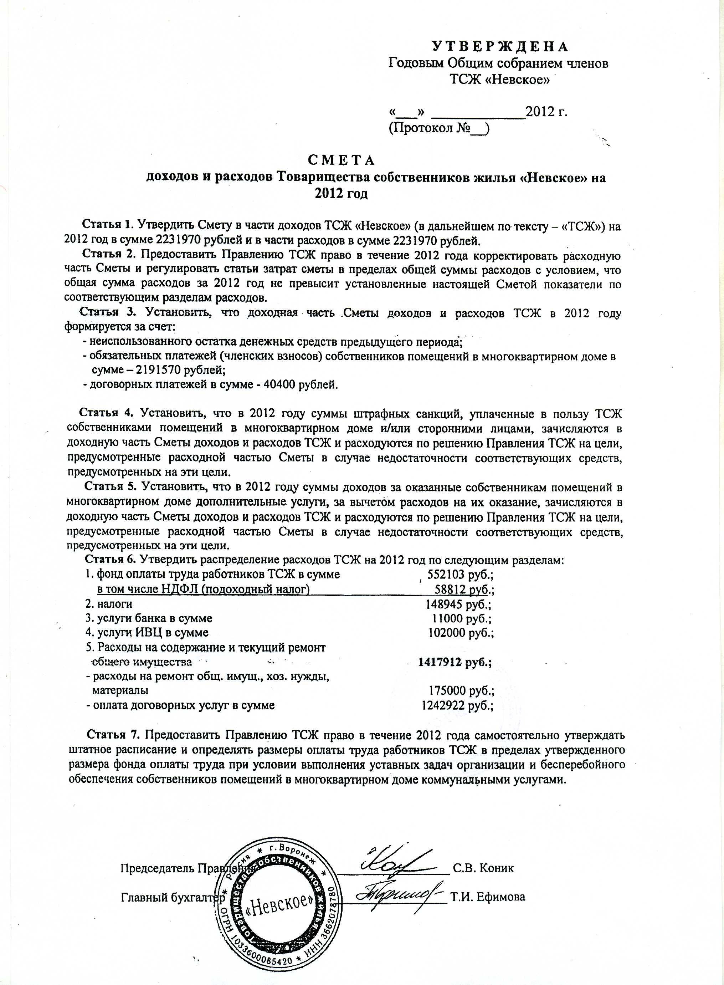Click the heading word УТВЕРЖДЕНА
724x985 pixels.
(x=500, y=46)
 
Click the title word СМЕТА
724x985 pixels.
(x=341, y=160)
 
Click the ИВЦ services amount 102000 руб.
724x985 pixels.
(x=461, y=633)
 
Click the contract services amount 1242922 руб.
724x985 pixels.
(x=457, y=705)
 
